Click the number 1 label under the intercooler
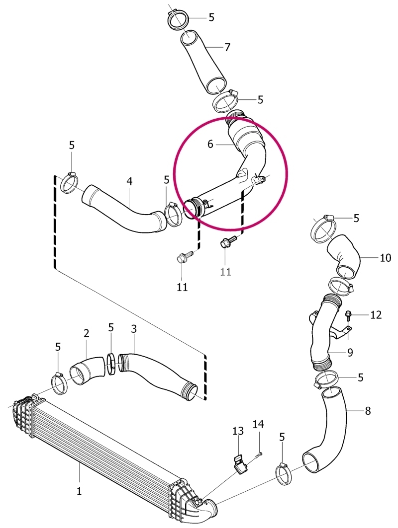pyautogui.click(x=79, y=491)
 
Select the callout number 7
pyautogui.click(x=227, y=48)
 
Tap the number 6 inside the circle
pyautogui.click(x=210, y=145)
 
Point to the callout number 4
pyautogui.click(x=129, y=181)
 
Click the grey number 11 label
pyautogui.click(x=226, y=271)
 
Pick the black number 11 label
pyautogui.click(x=182, y=287)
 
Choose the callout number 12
pyautogui.click(x=376, y=315)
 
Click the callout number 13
pyautogui.click(x=238, y=431)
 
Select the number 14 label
pyautogui.click(x=259, y=424)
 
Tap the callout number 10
pyautogui.click(x=385, y=258)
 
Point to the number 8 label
pyautogui.click(x=367, y=411)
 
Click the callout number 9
pyautogui.click(x=350, y=353)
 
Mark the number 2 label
pyautogui.click(x=87, y=333)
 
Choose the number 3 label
pyautogui.click(x=134, y=329)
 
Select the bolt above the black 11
pyautogui.click(x=185, y=256)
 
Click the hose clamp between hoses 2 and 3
pyautogui.click(x=112, y=363)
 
